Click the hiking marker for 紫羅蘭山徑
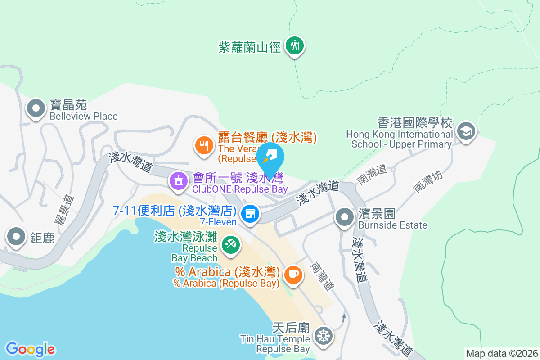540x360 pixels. (x=295, y=46)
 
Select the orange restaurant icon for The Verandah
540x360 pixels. (x=204, y=145)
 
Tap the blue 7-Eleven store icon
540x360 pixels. (x=249, y=214)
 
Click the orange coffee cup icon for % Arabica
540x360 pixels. (x=293, y=274)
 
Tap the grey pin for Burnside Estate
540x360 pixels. (x=345, y=217)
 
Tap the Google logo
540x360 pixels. (x=30, y=349)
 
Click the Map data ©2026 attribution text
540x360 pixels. (x=502, y=353)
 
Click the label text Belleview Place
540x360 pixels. (x=84, y=117)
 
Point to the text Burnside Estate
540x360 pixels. (x=393, y=225)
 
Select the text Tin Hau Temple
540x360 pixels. (x=275, y=339)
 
